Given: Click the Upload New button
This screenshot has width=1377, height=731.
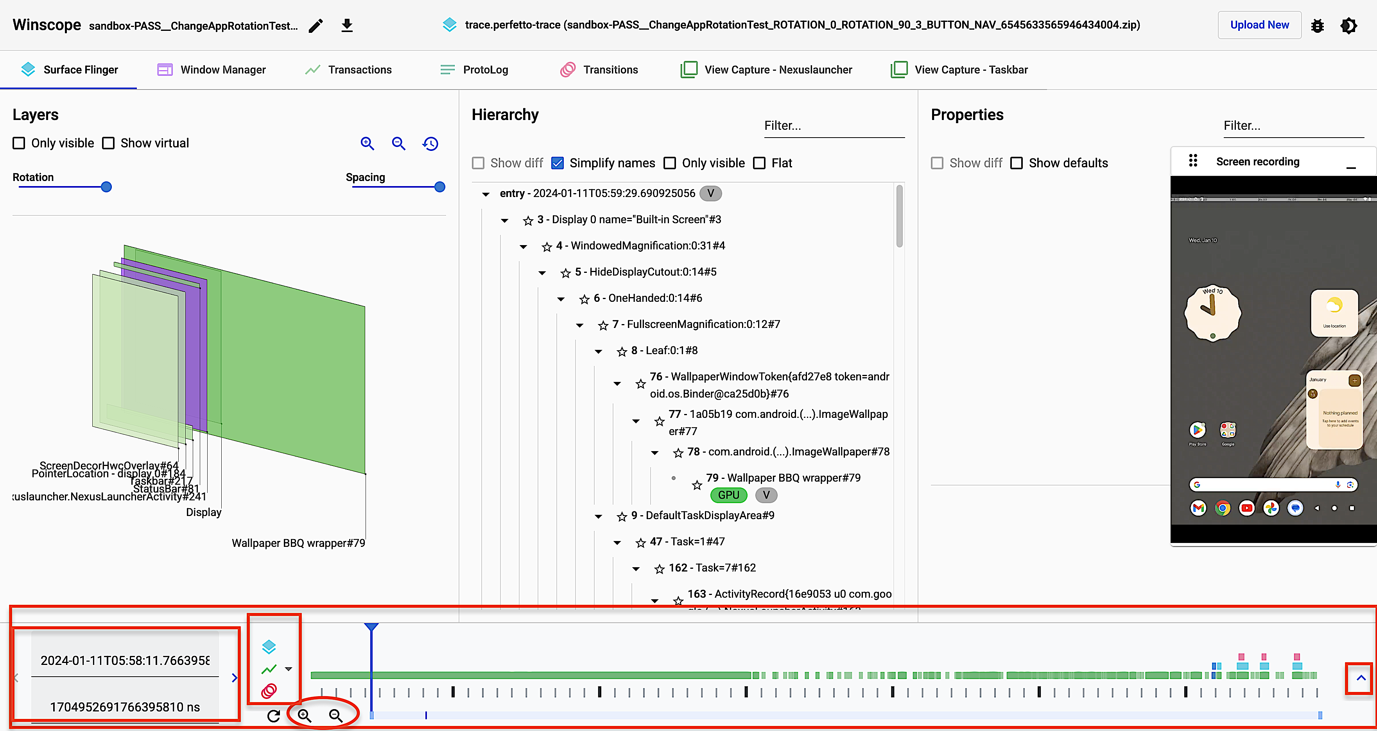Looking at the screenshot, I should click(1259, 25).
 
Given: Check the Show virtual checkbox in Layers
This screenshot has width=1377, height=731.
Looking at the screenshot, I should click(109, 143).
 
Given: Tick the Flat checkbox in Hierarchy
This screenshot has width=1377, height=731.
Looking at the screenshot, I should click(759, 163).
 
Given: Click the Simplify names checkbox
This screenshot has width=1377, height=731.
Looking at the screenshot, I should click(558, 163).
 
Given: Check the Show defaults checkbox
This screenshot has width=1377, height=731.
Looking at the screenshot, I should click(1017, 163).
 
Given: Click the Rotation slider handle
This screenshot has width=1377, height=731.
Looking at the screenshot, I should click(106, 187).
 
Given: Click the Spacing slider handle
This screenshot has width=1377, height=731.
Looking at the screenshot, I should click(439, 187).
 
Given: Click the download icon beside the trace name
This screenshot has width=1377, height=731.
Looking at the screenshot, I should click(347, 25).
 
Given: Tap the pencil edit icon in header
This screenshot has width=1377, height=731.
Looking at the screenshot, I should click(316, 25).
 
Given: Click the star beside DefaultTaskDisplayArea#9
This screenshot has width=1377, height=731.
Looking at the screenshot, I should click(622, 516).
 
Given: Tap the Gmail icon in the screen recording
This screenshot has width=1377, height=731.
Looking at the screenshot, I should click(1198, 508).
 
